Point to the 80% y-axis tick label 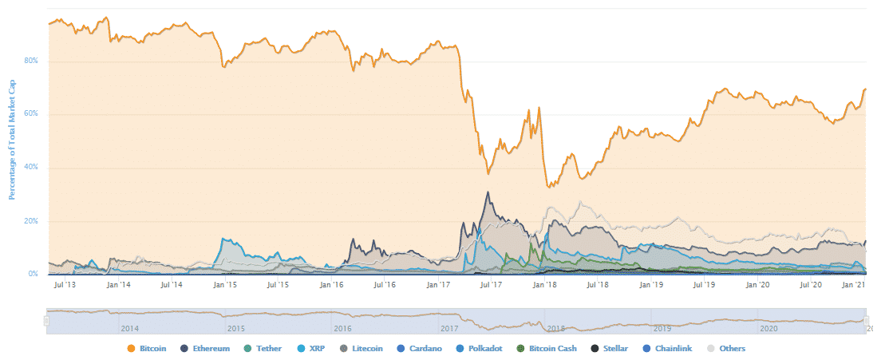[x=32, y=61]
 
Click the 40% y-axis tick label [x=32, y=168]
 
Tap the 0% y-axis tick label [x=34, y=275]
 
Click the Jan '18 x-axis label [x=545, y=284]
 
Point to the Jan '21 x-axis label [x=855, y=284]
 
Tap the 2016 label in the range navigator [x=342, y=328]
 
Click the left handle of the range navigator [x=46, y=319]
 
